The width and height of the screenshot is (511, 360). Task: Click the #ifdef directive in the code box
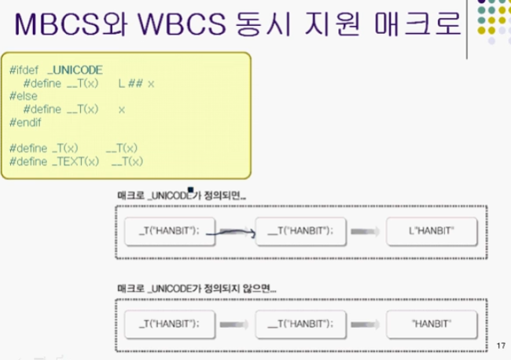(24, 70)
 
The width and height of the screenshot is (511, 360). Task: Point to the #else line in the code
(23, 96)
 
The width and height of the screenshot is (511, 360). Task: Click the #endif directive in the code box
(26, 122)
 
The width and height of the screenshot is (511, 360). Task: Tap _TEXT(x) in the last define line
(75, 160)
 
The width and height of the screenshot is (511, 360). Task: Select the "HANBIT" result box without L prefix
(432, 323)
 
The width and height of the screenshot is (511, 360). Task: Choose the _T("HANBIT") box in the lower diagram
(170, 323)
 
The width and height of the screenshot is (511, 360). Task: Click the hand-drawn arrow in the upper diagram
(237, 231)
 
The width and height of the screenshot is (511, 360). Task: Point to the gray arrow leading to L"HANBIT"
(366, 231)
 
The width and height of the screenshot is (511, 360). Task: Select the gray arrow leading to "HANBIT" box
(366, 323)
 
